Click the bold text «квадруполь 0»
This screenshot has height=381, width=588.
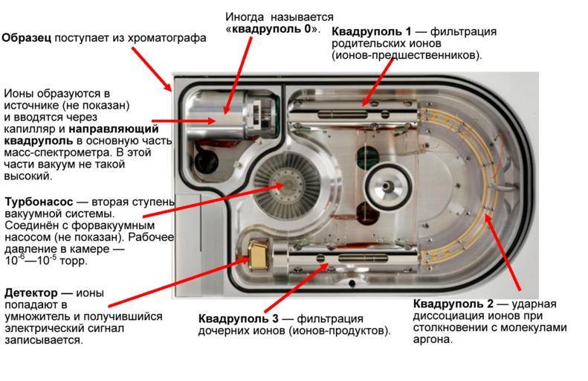point(272,29)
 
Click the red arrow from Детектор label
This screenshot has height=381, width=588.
point(201,275)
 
